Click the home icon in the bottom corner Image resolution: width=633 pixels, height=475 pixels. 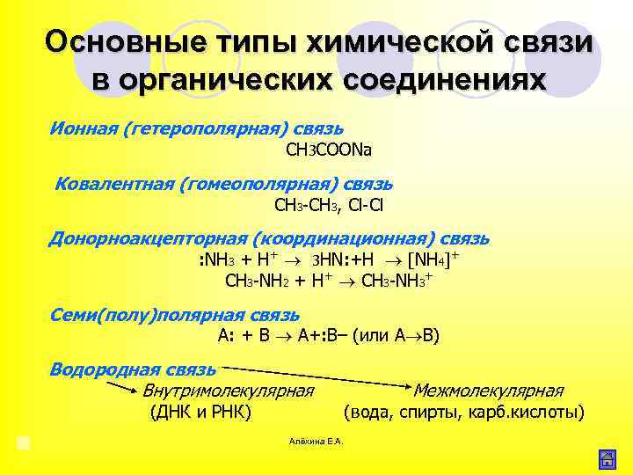pyautogui.click(x=606, y=458)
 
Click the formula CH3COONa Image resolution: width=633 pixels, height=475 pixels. pyautogui.click(x=329, y=150)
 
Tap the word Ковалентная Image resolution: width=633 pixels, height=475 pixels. pyautogui.click(x=113, y=185)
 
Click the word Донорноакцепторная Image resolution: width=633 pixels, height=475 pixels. pyautogui.click(x=147, y=238)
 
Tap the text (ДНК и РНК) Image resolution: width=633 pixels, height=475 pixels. pyautogui.click(x=201, y=412)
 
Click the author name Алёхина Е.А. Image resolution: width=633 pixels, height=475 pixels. pyautogui.click(x=316, y=441)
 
